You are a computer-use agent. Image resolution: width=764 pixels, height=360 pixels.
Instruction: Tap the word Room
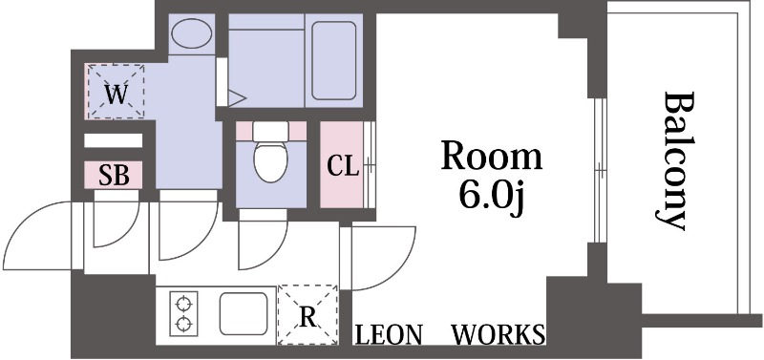point(491,156)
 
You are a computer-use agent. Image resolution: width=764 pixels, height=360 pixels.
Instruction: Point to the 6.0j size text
point(491,199)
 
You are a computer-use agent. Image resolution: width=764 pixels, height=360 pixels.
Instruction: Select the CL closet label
point(342,166)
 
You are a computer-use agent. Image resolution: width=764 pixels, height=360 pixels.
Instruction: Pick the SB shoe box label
point(113,176)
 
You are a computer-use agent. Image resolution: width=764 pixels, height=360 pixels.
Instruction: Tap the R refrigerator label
point(308,314)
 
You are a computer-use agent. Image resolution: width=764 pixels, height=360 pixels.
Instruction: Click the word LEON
point(390,335)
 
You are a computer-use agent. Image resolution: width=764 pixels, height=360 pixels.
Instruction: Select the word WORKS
point(498,335)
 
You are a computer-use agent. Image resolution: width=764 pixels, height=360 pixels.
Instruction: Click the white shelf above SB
point(113,140)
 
